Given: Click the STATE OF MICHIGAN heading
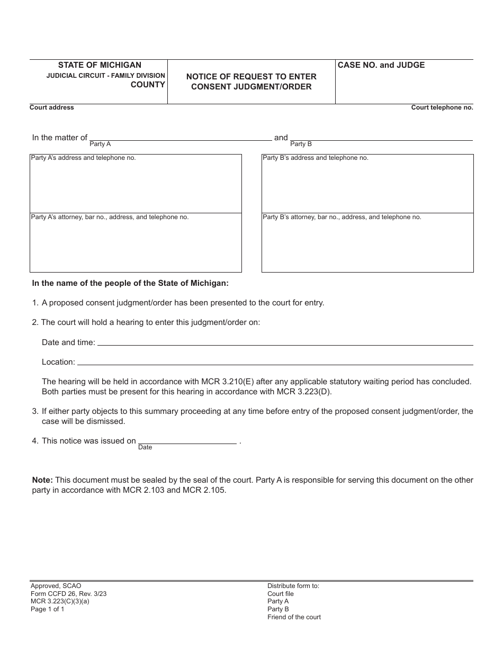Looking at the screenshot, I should click(x=100, y=65).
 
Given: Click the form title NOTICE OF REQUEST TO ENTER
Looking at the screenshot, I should click(x=251, y=77).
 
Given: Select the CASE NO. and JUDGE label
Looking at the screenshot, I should click(x=381, y=65).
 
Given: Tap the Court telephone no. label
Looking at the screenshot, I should click(x=442, y=107).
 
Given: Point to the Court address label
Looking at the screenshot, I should click(x=52, y=107).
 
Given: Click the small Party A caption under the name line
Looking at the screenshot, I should click(x=100, y=144).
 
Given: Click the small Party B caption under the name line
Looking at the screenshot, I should click(x=301, y=144).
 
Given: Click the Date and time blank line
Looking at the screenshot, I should click(x=285, y=343).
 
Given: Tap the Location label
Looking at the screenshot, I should click(x=58, y=362).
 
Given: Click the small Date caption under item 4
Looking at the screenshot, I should click(x=145, y=447).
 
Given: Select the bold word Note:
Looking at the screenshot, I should click(x=42, y=480).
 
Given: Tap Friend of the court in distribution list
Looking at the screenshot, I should click(x=294, y=617).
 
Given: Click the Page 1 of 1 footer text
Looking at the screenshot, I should click(x=47, y=609).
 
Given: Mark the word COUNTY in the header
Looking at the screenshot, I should click(x=148, y=85).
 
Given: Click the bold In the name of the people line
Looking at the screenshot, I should click(x=130, y=283).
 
